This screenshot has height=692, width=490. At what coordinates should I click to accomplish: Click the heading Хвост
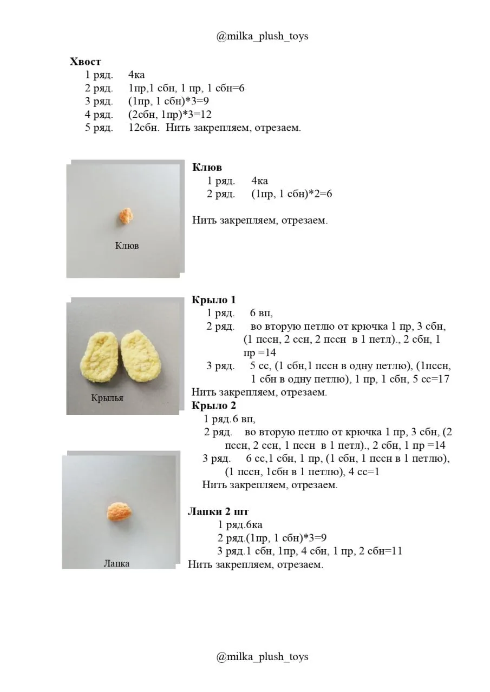click(x=86, y=62)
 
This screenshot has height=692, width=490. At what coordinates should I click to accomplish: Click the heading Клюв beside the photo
click(x=207, y=167)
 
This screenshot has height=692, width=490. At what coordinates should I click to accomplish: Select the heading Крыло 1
click(x=214, y=300)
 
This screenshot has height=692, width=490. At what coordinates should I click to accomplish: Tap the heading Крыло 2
click(x=214, y=405)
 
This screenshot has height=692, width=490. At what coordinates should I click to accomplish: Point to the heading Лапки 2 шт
click(x=218, y=511)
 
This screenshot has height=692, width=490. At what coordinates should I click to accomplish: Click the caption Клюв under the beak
click(x=127, y=246)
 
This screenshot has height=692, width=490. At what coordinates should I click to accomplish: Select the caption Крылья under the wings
click(x=107, y=398)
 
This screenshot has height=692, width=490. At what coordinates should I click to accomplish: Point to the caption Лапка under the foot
click(x=116, y=563)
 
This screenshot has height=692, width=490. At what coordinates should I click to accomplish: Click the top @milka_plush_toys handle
click(x=262, y=36)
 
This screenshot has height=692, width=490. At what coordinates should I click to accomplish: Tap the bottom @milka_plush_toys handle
click(x=262, y=657)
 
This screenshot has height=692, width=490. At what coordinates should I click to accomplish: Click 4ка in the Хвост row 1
click(x=136, y=75)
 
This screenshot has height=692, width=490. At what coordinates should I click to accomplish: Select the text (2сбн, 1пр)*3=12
click(x=170, y=115)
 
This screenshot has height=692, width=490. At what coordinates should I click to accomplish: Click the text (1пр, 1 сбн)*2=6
click(x=292, y=194)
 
